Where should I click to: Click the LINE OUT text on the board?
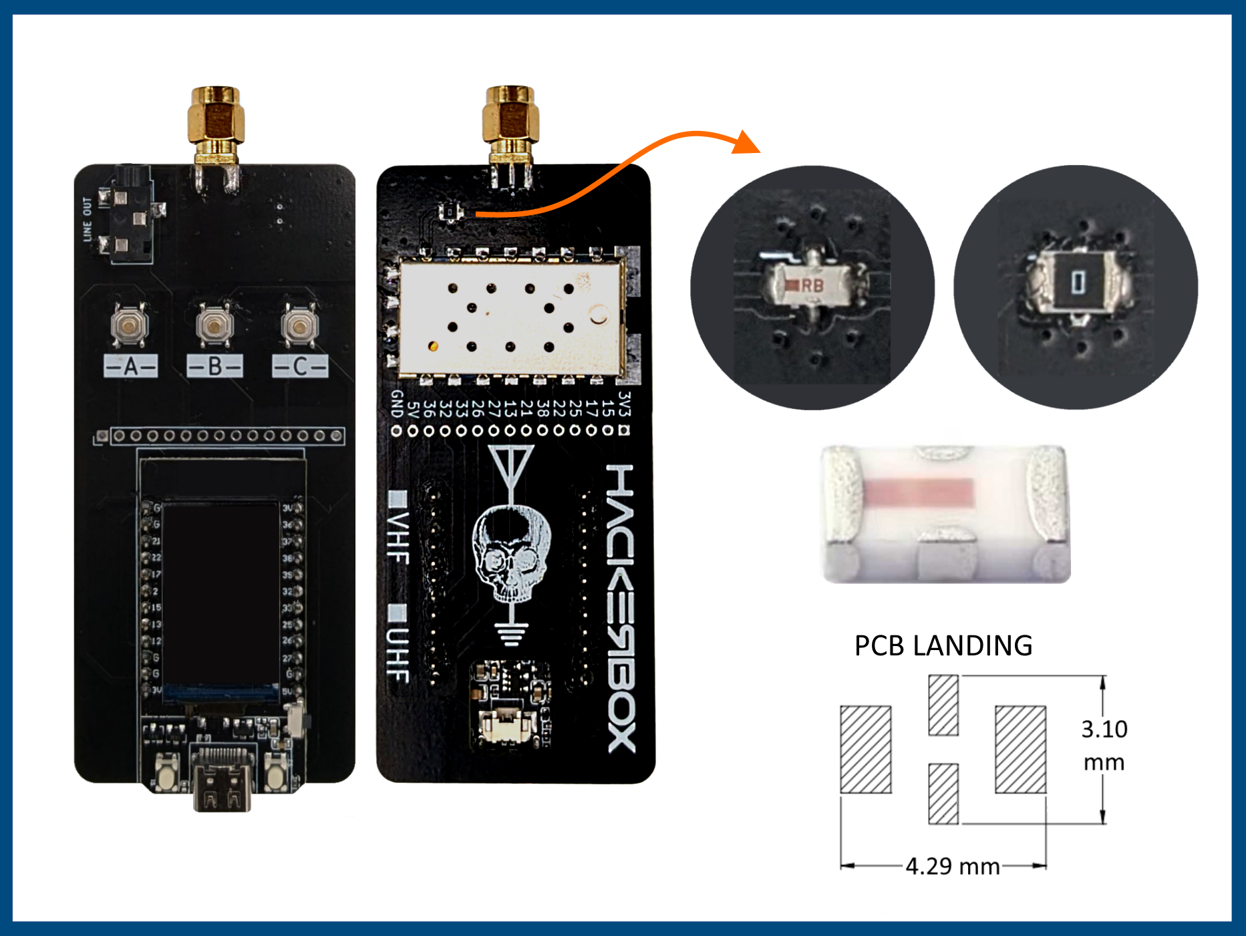(x=88, y=218)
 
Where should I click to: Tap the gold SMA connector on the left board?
(x=216, y=120)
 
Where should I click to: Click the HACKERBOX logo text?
(x=621, y=608)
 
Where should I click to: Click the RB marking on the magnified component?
(x=812, y=285)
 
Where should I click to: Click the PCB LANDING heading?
(x=943, y=646)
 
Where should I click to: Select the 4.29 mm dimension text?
(x=953, y=867)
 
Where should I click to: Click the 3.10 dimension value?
(x=1104, y=729)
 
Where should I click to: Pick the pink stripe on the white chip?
(x=920, y=492)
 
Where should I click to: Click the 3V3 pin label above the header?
(x=624, y=404)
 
